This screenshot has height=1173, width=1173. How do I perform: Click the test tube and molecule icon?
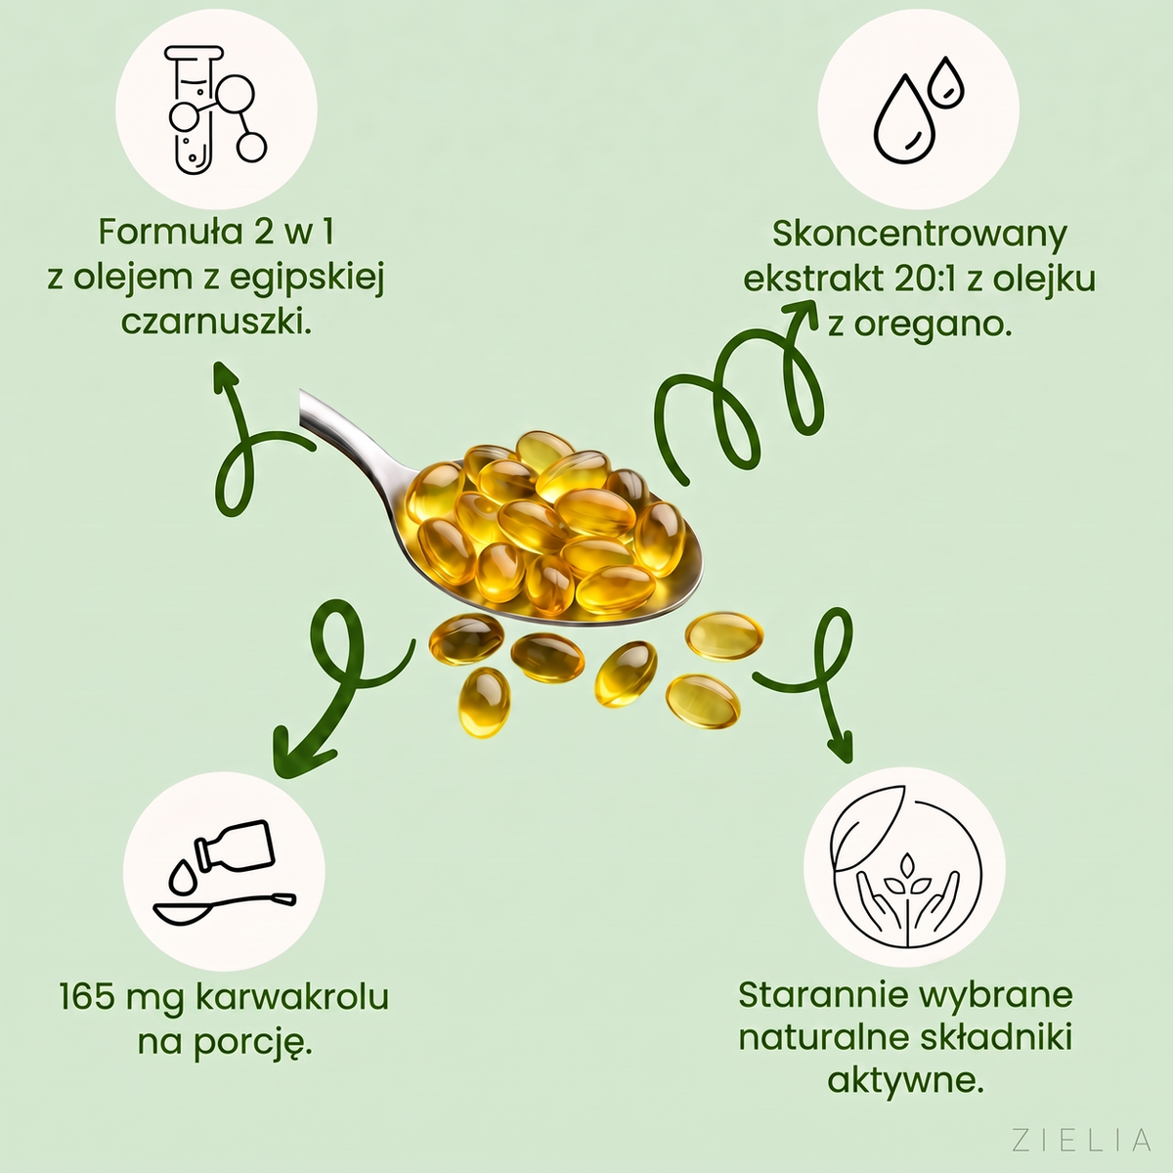click(216, 109)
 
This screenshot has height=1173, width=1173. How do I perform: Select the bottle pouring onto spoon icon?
click(225, 872)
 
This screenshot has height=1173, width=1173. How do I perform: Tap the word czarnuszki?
click(216, 324)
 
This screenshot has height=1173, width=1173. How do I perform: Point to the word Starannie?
click(820, 994)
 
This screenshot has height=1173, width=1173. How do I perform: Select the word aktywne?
click(905, 1082)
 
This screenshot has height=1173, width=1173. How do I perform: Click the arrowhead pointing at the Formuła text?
click(223, 376)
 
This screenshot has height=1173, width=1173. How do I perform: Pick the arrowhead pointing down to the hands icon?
click(842, 748)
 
